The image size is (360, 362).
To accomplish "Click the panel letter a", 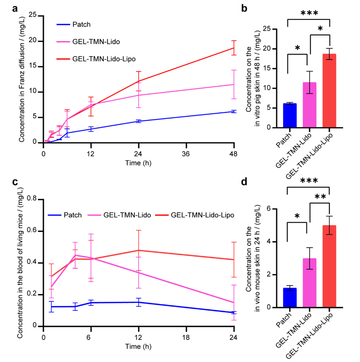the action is tap(15, 9).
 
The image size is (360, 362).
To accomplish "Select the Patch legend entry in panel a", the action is tap(73, 24).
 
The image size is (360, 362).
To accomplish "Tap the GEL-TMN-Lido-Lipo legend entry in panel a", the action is tap(96, 59).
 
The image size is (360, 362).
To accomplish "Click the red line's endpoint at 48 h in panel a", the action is tap(234, 48).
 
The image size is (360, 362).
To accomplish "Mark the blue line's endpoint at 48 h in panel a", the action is tap(234, 111).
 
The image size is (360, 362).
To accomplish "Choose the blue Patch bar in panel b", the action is tap(290, 115).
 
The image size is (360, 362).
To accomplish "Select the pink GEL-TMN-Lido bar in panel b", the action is tap(309, 105).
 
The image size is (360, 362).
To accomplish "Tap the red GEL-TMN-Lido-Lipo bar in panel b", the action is tap(329, 91).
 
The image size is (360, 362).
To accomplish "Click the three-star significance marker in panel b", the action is tap(309, 13).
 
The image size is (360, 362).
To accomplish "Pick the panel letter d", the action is tap(244, 182).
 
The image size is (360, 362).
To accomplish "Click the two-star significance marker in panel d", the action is tap(320, 197).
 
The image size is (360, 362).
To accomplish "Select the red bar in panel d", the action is tap(329, 267).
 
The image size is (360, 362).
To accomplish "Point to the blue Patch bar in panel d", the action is tap(290, 298).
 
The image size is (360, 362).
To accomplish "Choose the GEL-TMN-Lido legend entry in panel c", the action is tap(119, 215).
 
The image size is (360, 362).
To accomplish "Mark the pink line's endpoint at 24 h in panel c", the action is tap(234, 302).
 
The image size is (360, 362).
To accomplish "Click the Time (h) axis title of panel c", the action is tap(138, 346).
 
